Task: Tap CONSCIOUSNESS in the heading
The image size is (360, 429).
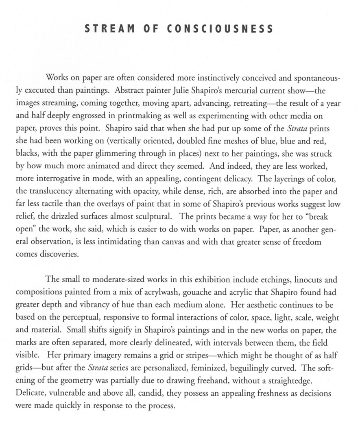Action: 220,29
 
